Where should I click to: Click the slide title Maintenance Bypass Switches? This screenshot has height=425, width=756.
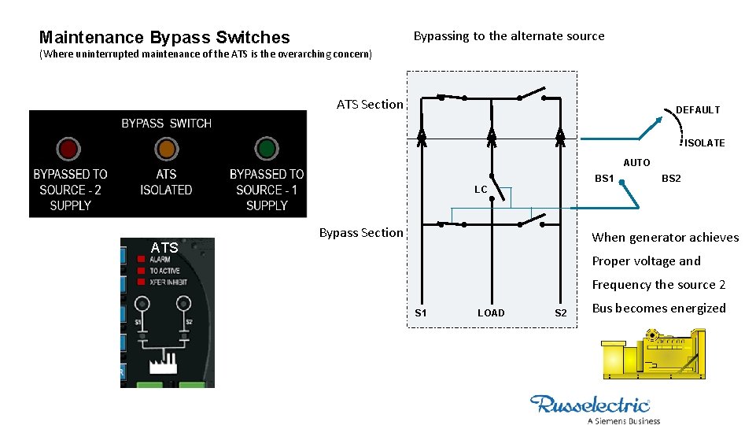click(164, 37)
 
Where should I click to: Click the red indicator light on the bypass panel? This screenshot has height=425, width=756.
click(68, 149)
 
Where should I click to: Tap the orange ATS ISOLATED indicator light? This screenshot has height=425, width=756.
click(166, 149)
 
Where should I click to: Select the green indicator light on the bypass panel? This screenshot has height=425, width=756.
click(267, 149)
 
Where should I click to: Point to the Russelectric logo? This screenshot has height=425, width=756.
click(591, 408)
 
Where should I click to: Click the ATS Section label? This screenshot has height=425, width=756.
click(370, 104)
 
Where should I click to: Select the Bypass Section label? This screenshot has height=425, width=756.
click(361, 232)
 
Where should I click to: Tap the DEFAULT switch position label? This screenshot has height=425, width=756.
click(698, 110)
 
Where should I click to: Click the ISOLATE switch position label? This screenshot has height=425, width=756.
click(704, 143)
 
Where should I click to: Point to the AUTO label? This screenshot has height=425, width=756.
click(636, 163)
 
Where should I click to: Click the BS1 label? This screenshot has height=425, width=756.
click(604, 179)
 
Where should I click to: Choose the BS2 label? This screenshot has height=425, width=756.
click(671, 179)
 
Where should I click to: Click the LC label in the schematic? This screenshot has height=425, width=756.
click(481, 190)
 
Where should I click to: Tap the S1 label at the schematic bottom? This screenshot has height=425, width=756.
click(421, 313)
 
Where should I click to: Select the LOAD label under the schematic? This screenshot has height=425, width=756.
click(491, 313)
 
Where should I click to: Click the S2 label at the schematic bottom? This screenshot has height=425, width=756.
click(560, 313)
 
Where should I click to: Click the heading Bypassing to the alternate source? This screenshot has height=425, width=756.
click(509, 36)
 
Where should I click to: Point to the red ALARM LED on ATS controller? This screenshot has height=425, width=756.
click(141, 259)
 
